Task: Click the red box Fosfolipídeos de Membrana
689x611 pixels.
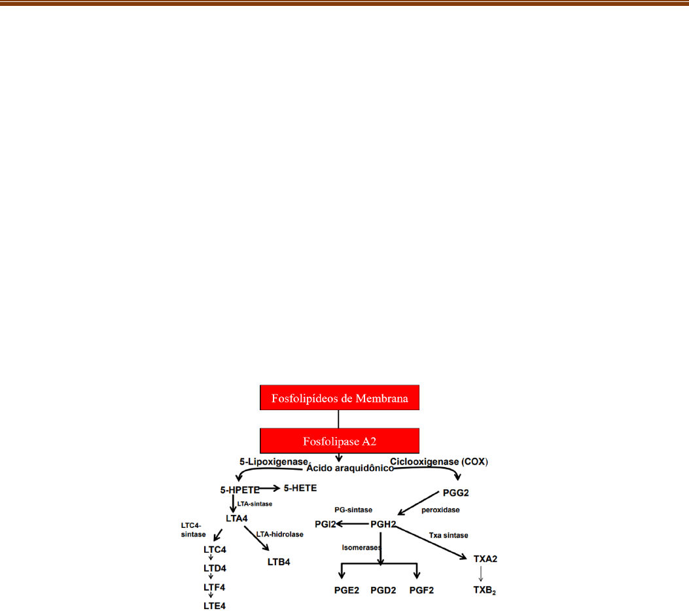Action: click(x=339, y=397)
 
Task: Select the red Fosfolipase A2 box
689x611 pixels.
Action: click(x=339, y=441)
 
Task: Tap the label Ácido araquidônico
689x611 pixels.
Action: click(x=350, y=468)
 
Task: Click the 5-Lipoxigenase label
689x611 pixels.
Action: click(x=272, y=461)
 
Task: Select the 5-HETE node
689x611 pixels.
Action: click(x=300, y=488)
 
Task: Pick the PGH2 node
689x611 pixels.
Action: click(x=384, y=524)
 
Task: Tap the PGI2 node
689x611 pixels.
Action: click(x=325, y=524)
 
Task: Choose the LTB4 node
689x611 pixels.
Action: click(x=279, y=561)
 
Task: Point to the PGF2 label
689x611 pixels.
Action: click(x=421, y=590)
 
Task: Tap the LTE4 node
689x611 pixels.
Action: click(x=214, y=606)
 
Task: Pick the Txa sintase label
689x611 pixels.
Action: click(x=449, y=535)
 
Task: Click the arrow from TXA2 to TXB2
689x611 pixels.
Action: click(x=482, y=574)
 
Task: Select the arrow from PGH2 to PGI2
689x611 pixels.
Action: click(x=352, y=524)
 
